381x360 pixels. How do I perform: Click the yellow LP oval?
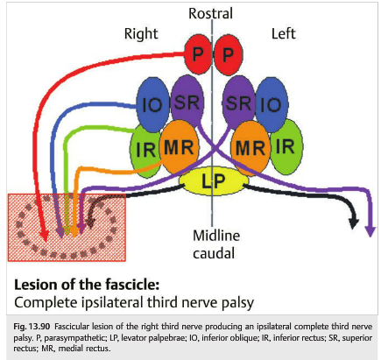(214, 181)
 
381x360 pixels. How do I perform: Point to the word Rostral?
(210, 13)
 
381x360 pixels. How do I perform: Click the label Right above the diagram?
(141, 34)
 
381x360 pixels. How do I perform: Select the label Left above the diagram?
(284, 34)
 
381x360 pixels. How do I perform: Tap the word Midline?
(216, 236)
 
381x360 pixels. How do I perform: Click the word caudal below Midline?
(214, 253)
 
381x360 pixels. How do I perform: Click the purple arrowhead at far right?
(370, 231)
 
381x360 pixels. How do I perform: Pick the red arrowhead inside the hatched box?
(45, 235)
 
